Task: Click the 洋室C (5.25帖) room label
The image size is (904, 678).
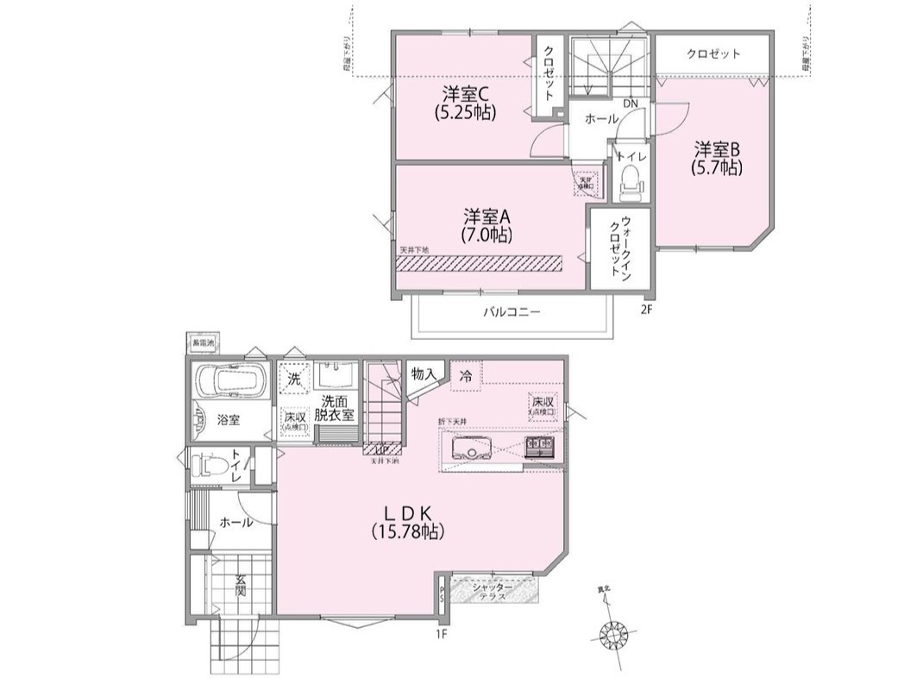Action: (469, 101)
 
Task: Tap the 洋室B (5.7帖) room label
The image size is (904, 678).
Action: (716, 158)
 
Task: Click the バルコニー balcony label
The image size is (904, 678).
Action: (511, 312)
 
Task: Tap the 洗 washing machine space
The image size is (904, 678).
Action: (293, 378)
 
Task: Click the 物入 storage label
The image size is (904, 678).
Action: (424, 374)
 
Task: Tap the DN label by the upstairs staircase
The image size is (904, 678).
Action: (631, 104)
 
